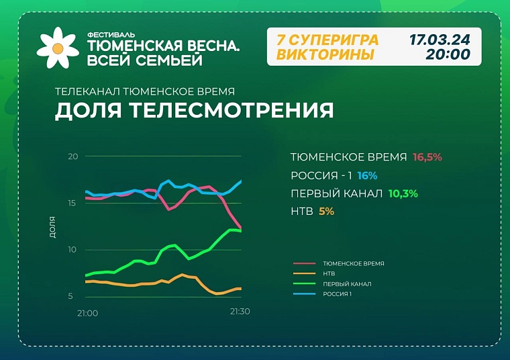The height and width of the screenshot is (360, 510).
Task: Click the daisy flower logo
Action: (x=58, y=47)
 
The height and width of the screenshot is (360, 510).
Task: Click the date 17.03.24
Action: (x=440, y=40)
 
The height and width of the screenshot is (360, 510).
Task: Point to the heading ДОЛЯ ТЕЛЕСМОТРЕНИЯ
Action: (x=194, y=110)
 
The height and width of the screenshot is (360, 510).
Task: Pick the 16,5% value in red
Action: (x=427, y=157)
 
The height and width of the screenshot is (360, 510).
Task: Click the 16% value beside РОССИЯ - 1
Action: (x=367, y=175)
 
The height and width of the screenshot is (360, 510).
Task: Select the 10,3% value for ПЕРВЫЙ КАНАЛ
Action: (x=403, y=193)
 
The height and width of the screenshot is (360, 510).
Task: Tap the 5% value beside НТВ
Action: (x=326, y=211)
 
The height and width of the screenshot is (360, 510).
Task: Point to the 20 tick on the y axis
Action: (x=73, y=156)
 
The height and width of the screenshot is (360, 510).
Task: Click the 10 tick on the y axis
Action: (x=73, y=250)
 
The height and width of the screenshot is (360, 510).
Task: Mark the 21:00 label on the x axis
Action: (x=87, y=313)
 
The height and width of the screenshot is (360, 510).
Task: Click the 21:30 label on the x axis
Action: (x=240, y=312)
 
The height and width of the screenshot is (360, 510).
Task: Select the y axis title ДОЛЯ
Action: (x=52, y=228)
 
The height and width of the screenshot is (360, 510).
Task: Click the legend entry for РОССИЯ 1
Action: (x=338, y=294)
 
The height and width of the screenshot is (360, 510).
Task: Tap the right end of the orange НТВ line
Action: (x=240, y=289)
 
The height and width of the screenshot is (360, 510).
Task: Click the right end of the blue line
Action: (x=241, y=181)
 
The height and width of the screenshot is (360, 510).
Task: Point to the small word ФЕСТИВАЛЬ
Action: (x=107, y=34)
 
